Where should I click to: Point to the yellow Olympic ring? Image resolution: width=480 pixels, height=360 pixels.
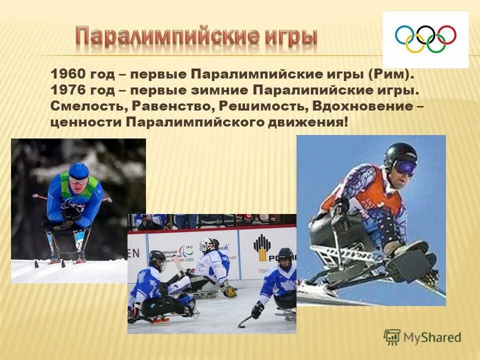point(415,43)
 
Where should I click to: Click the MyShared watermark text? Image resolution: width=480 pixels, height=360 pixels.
point(432,337)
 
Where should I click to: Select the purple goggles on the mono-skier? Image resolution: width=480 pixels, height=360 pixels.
point(406,167)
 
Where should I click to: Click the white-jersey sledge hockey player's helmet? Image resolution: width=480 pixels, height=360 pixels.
point(208,244)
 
